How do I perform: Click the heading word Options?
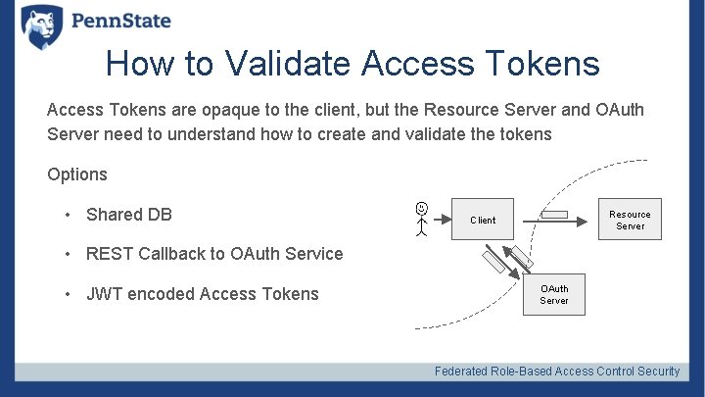click(77, 174)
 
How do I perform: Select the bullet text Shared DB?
click(128, 215)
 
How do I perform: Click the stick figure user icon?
click(421, 219)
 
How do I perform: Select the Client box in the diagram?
click(483, 221)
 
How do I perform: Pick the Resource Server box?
click(630, 221)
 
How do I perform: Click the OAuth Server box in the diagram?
click(554, 294)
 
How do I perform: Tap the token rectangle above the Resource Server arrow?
click(555, 215)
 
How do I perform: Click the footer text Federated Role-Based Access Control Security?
click(557, 372)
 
